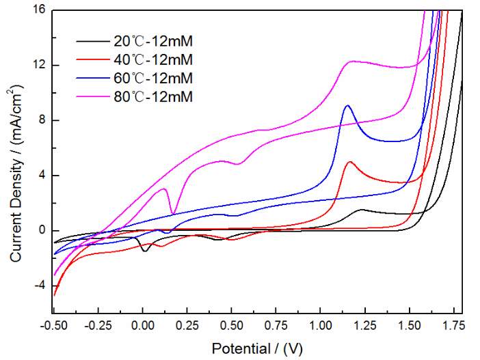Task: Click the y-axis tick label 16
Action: point(37,10)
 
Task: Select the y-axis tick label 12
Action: point(37,66)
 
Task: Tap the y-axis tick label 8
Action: point(40,120)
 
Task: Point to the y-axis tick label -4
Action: point(38,286)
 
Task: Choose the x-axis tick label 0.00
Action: point(142,327)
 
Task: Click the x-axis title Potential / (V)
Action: point(257,348)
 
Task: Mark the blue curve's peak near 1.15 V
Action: point(349,105)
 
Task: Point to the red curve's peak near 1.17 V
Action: point(351,162)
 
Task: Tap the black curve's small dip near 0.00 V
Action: point(144,251)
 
